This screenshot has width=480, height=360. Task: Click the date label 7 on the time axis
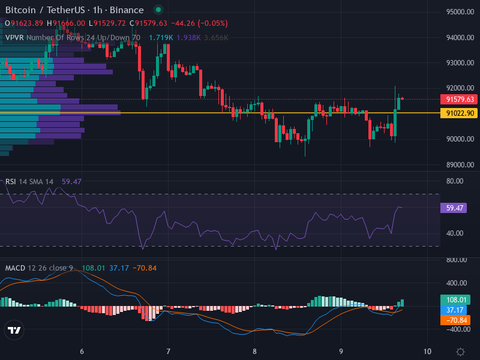pyautogui.click(x=168, y=351)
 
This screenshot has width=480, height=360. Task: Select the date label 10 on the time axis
pyautogui.click(x=427, y=351)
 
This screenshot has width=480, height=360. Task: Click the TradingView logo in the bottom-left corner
pyautogui.click(x=14, y=330)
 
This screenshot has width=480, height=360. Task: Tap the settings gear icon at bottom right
pyautogui.click(x=460, y=352)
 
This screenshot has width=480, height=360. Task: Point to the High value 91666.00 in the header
pyautogui.click(x=69, y=23)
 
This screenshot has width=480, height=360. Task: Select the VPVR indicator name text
pyautogui.click(x=14, y=37)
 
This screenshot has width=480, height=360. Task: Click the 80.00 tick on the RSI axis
pyautogui.click(x=454, y=181)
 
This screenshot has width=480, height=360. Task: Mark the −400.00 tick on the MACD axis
pyautogui.click(x=457, y=329)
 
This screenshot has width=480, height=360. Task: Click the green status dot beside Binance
pyautogui.click(x=158, y=10)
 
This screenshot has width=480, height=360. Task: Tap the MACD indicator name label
pyautogui.click(x=15, y=268)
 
